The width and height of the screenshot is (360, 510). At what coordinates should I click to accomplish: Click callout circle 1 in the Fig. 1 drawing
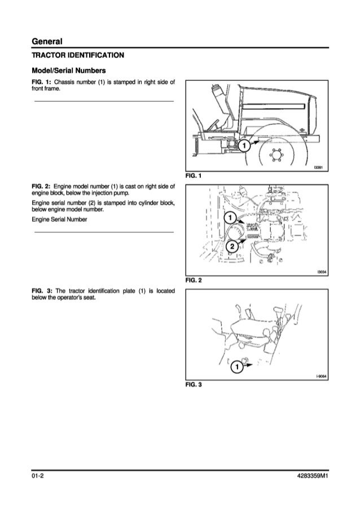[244, 147]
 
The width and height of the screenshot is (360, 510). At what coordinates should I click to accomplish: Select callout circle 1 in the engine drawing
[230, 219]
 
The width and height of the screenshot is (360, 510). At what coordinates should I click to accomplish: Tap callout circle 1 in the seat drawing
[237, 367]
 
